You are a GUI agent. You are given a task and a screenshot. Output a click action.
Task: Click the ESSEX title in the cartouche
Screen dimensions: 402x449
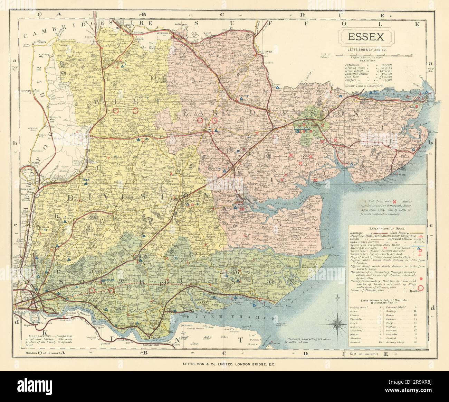(x=366, y=37)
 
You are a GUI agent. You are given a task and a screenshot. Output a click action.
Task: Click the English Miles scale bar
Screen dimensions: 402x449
(x=366, y=55)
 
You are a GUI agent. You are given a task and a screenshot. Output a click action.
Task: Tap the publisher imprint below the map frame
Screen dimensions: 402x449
(x=224, y=364)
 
